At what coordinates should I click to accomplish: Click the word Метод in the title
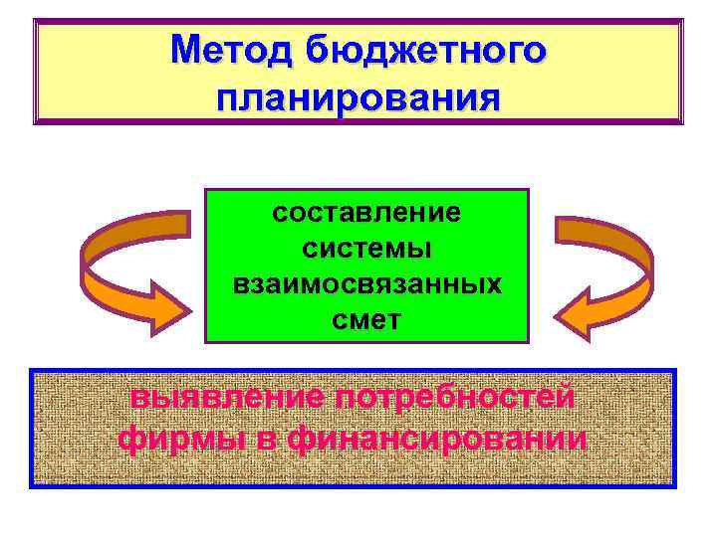(234, 49)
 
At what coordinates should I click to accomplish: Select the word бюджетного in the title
(427, 49)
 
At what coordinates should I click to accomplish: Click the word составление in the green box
(366, 213)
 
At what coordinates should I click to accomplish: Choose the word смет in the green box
(366, 320)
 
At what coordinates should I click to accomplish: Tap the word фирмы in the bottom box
(178, 439)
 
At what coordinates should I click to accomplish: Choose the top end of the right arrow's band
(564, 228)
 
